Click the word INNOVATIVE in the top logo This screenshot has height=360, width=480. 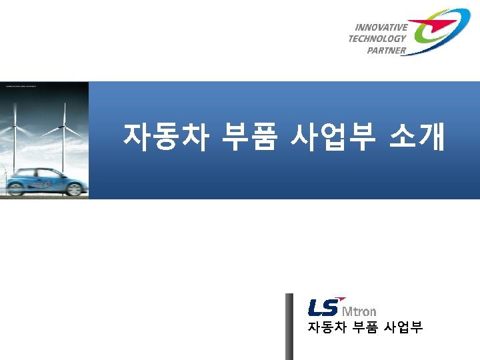coord(381,27)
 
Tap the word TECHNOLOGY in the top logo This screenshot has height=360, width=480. coord(377,39)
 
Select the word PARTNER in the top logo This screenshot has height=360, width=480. coord(386,51)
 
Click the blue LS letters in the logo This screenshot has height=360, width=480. coord(323,308)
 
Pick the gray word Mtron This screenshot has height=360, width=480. coord(359,311)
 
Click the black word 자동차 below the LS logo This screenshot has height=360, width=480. coord(324,327)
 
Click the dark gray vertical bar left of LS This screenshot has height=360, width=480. coord(289,326)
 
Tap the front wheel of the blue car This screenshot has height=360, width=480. coord(74,189)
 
